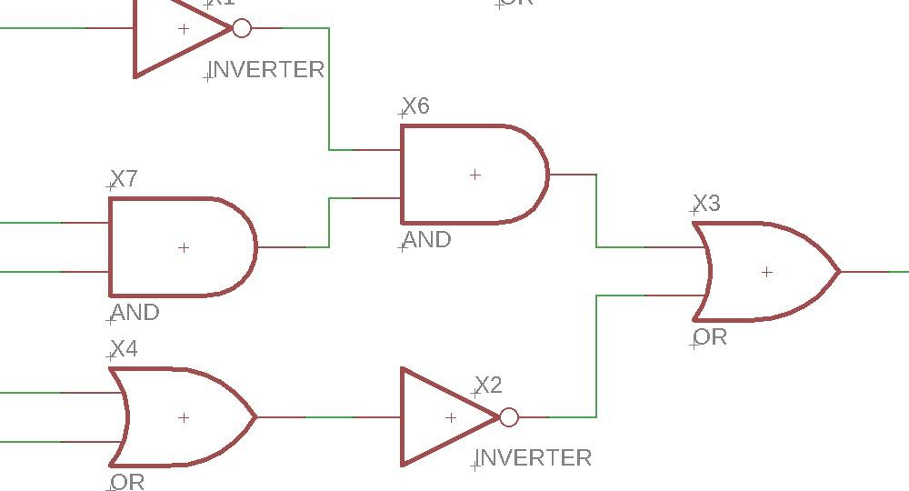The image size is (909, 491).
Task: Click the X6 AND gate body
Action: click(473, 174)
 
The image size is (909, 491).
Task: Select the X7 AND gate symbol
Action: click(182, 246)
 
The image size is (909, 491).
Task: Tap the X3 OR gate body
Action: click(765, 271)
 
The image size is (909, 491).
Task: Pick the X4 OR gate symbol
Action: click(182, 417)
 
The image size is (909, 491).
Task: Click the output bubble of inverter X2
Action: click(509, 417)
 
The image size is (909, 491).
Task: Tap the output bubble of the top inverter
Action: click(242, 29)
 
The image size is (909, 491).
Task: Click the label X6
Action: click(415, 105)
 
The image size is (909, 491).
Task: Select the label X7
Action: click(124, 178)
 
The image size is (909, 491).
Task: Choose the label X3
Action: click(706, 203)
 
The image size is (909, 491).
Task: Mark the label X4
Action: click(124, 348)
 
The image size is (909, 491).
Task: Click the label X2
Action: click(488, 385)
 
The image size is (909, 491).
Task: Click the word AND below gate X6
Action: click(426, 239)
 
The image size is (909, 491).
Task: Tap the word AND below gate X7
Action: click(135, 312)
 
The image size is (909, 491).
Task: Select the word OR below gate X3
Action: click(710, 336)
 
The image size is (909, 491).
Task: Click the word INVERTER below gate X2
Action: click(534, 457)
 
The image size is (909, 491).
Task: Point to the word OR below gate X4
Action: click(127, 482)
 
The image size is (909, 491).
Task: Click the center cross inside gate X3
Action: click(767, 271)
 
